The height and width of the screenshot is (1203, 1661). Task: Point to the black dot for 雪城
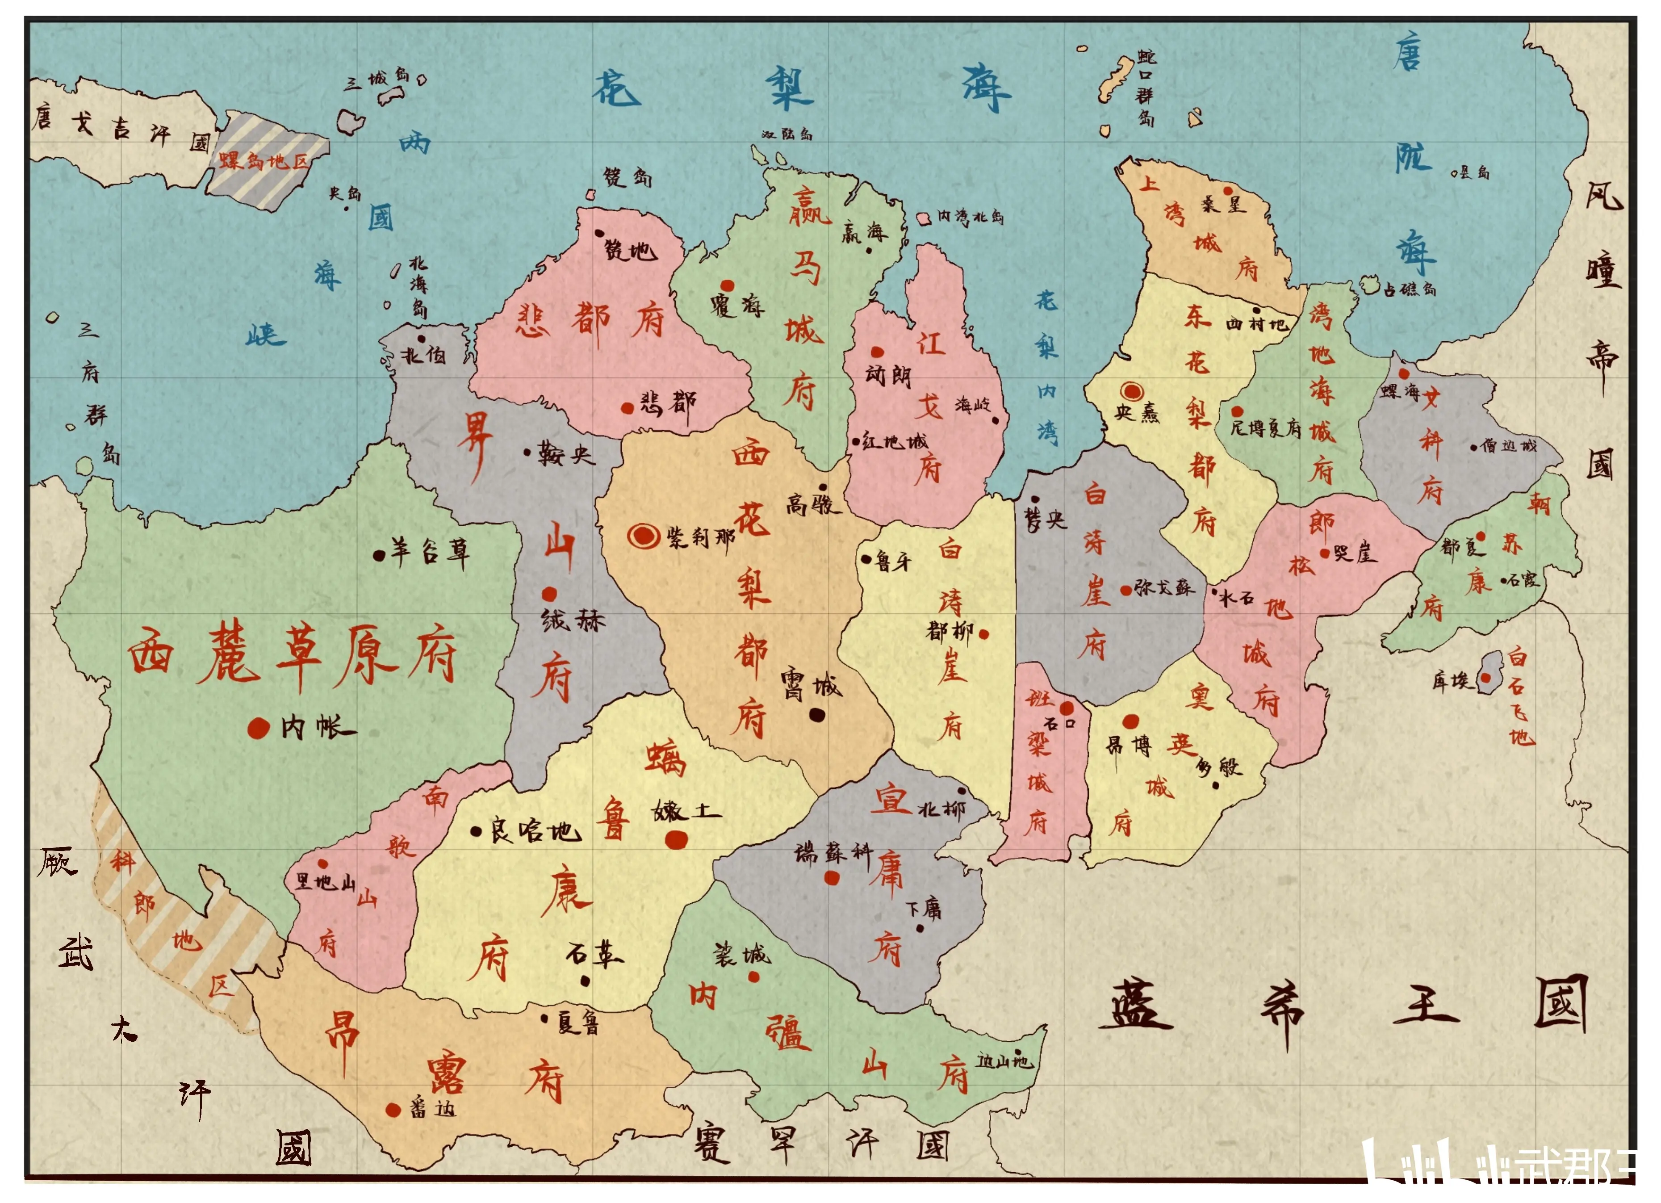[x=816, y=714]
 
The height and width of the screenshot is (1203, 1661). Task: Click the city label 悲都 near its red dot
[x=668, y=404]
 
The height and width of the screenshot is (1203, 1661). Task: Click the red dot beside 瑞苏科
[x=831, y=877]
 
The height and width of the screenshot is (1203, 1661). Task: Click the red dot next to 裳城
[x=753, y=977]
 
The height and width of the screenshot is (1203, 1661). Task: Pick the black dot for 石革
[x=585, y=980]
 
